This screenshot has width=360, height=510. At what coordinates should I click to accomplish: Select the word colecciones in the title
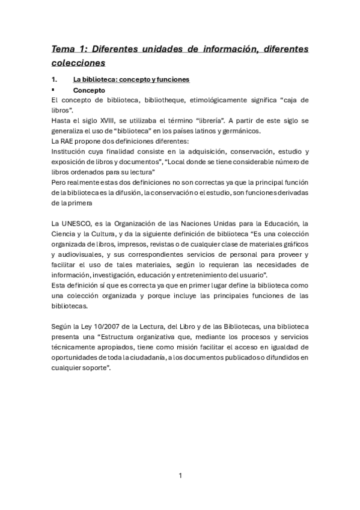(78, 63)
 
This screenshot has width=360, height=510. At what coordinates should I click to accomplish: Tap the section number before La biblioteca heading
(55, 79)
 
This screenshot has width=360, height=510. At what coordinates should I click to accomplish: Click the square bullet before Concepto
(53, 89)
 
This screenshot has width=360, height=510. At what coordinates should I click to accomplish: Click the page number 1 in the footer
(180, 476)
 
